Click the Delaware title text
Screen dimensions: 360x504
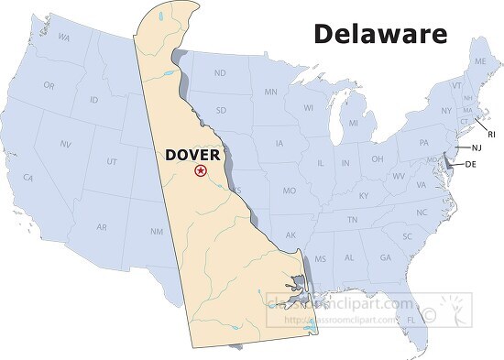tap(380, 34)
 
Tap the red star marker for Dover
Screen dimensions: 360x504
tap(201, 171)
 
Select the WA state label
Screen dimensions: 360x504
tap(64, 38)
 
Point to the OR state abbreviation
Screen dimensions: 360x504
tap(49, 85)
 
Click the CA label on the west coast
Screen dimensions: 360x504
tap(28, 177)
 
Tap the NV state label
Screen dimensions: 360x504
tap(66, 145)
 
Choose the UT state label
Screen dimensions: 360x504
tap(112, 161)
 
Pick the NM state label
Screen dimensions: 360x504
tap(157, 231)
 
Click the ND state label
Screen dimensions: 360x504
tap(220, 72)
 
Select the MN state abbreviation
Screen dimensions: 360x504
tap(271, 92)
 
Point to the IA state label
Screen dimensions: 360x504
tap(279, 143)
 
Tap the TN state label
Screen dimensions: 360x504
tap(352, 220)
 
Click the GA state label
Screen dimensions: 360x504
tap(385, 258)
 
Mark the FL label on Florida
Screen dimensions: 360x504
tap(411, 319)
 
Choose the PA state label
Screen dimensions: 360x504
tap(424, 143)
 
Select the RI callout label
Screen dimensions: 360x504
tap(491, 134)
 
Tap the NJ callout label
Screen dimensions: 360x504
tap(477, 147)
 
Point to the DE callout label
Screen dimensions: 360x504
tap(471, 164)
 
